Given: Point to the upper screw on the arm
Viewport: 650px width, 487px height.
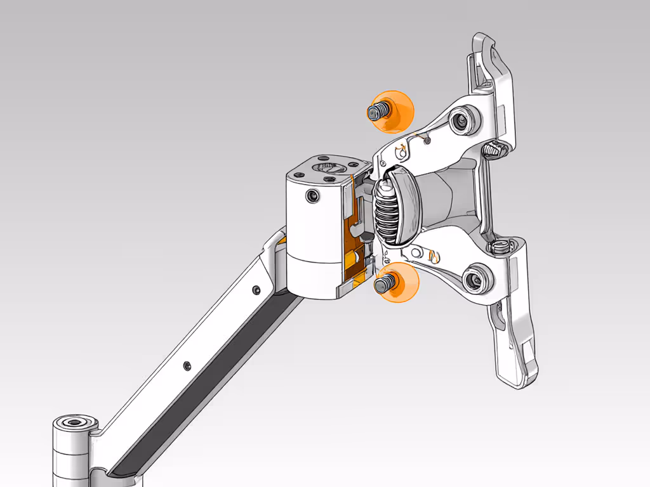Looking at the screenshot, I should pos(255,290).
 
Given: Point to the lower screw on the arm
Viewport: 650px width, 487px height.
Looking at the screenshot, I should pos(187,366).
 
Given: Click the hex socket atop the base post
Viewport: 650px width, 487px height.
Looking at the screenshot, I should pos(75,423).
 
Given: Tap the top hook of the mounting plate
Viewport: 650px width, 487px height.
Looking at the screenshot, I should pos(486,51).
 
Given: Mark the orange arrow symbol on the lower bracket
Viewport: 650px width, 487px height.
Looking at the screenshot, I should pos(434,256).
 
